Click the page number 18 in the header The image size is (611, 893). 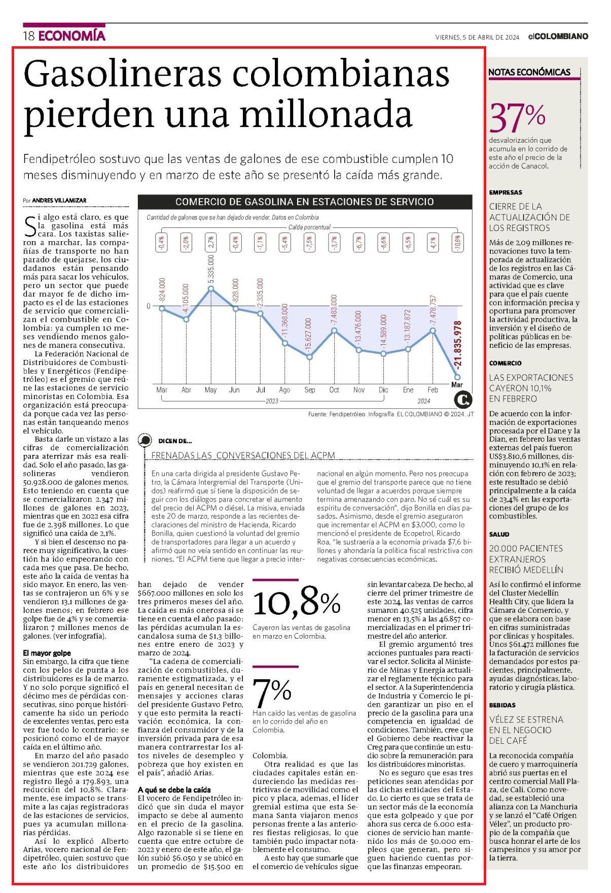pyautogui.click(x=28, y=37)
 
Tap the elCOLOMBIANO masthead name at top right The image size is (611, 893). pyautogui.click(x=558, y=37)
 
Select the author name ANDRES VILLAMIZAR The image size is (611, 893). pyautogui.click(x=59, y=201)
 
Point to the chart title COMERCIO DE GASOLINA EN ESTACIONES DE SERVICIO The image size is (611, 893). pyautogui.click(x=304, y=202)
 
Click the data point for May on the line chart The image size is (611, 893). pyautogui.click(x=211, y=288)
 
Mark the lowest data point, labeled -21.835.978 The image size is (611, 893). pyautogui.click(x=457, y=377)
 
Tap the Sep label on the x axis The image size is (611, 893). pyautogui.click(x=309, y=390)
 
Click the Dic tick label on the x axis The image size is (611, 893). pyautogui.click(x=383, y=390)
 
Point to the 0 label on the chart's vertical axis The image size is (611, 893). pyautogui.click(x=149, y=306)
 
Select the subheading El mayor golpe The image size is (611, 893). pyautogui.click(x=47, y=653)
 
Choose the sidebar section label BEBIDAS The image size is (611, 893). pyautogui.click(x=502, y=705)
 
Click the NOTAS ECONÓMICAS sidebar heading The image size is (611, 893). pyautogui.click(x=529, y=72)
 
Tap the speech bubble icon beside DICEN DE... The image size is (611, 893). pyautogui.click(x=145, y=441)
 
